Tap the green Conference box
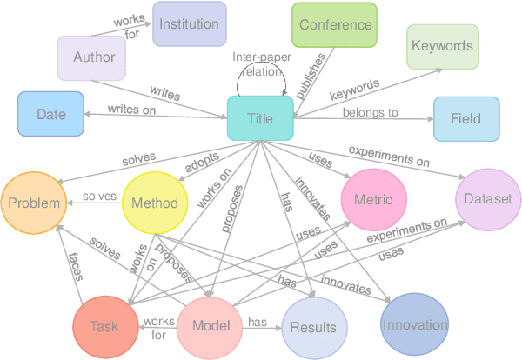[335, 25]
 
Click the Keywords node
[442, 46]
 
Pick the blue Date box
[51, 114]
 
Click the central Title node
[259, 118]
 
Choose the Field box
[467, 119]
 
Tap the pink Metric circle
[373, 200]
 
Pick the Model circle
[209, 327]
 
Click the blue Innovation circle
[414, 324]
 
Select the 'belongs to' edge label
[370, 112]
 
